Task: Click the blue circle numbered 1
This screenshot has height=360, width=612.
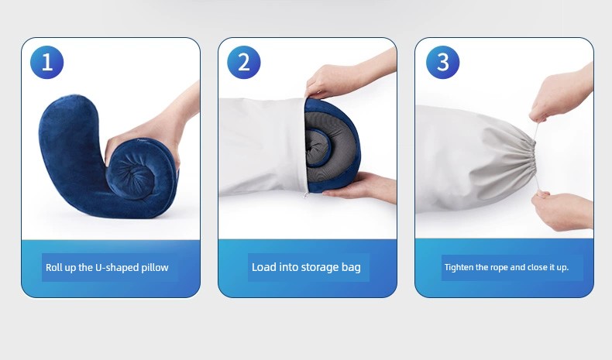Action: tap(46, 62)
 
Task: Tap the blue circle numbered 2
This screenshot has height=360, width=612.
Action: tap(243, 62)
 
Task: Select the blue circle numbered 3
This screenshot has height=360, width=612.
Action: tap(442, 62)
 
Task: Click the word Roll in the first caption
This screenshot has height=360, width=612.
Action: tap(53, 268)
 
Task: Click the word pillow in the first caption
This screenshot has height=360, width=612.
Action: tap(155, 268)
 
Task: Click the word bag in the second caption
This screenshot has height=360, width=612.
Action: tap(352, 268)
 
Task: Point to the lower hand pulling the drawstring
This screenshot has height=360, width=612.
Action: tap(562, 211)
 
